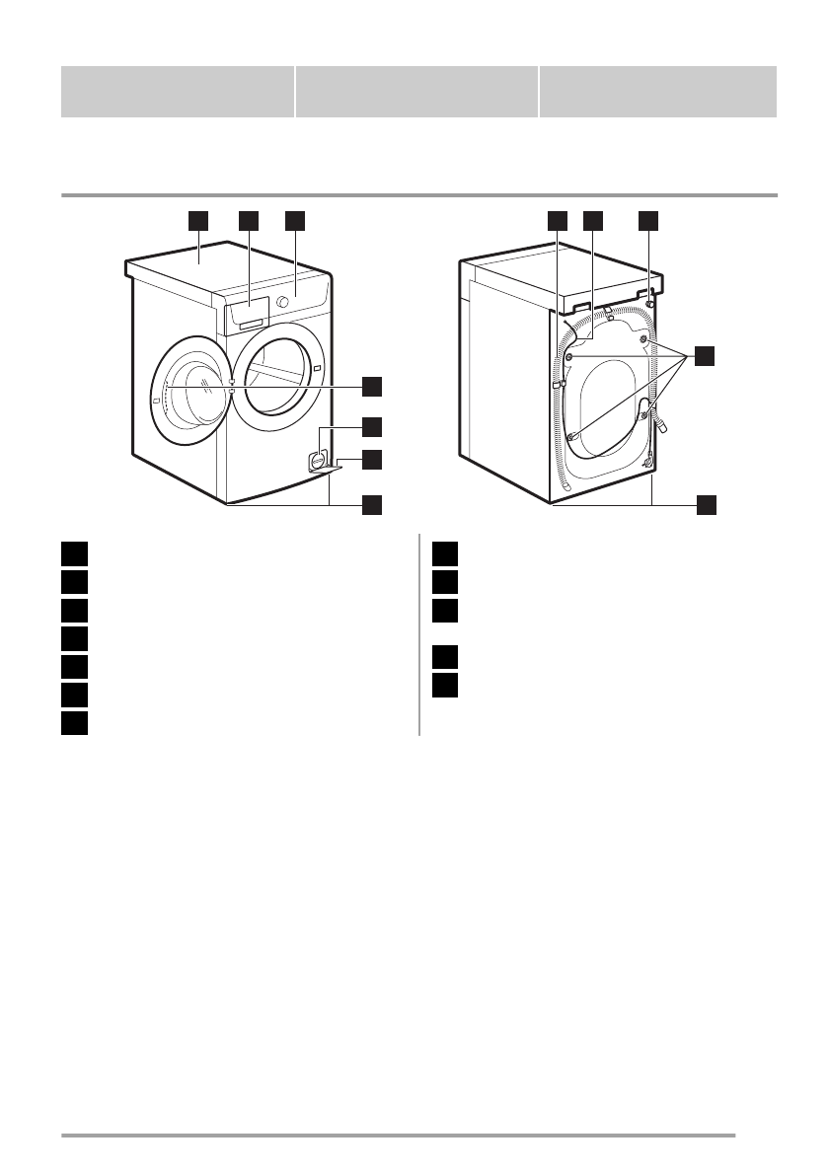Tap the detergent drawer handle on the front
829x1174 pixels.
point(251,323)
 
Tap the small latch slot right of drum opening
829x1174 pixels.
point(318,370)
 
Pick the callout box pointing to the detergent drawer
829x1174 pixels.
point(248,220)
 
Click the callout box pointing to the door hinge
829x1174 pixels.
point(371,385)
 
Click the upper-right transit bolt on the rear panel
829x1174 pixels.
point(644,340)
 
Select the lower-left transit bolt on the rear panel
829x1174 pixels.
point(572,436)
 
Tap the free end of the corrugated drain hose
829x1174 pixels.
point(565,485)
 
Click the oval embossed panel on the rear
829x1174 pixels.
point(607,406)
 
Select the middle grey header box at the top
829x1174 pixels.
point(416,92)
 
